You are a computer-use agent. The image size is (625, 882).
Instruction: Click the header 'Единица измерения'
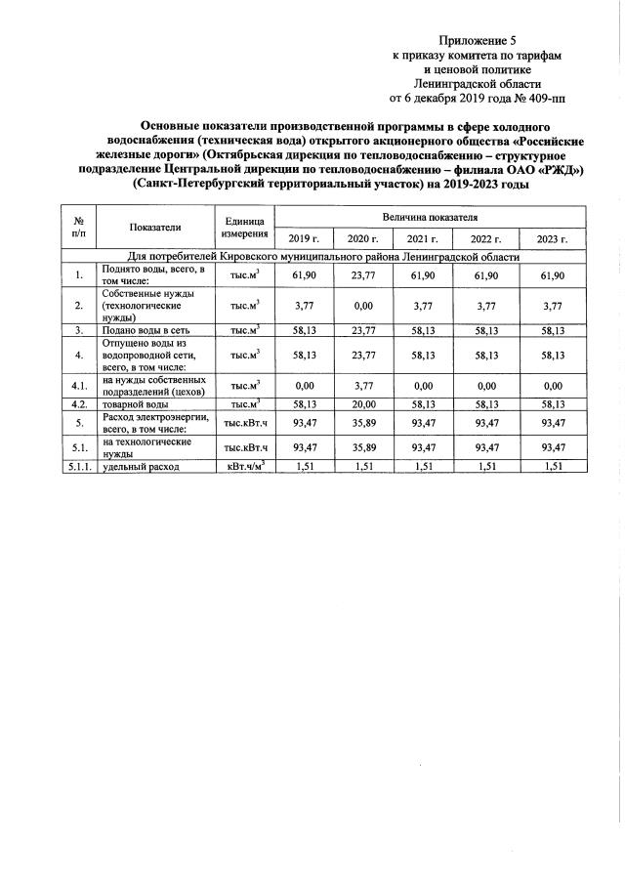pos(244,227)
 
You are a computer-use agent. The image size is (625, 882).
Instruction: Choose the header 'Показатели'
pos(154,227)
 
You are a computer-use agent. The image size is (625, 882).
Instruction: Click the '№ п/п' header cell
pos(77,227)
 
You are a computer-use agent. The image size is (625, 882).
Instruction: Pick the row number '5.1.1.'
pos(77,467)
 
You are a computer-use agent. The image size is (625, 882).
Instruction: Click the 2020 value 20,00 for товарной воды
pos(362,403)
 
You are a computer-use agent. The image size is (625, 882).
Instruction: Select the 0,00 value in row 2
pos(362,306)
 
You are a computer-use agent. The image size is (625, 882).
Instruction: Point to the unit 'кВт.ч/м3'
pos(244,467)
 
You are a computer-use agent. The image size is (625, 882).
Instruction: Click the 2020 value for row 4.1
pos(362,385)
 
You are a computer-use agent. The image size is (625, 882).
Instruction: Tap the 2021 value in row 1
pos(422,276)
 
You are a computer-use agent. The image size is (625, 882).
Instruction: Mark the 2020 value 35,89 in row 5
pos(362,422)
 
